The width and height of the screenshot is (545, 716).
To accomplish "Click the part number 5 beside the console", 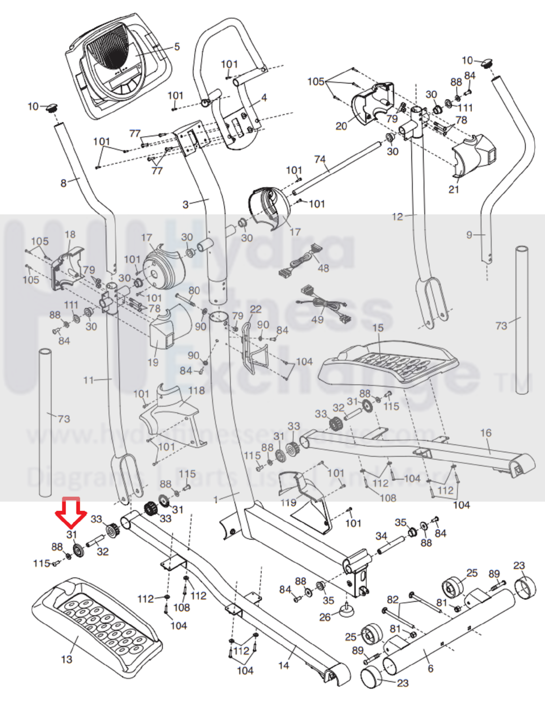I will click(177, 47).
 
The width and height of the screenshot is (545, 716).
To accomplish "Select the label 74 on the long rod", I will click(320, 159).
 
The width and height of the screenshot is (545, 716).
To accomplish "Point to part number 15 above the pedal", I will click(378, 328).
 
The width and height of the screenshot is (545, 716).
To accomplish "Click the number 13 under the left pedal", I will click(66, 659).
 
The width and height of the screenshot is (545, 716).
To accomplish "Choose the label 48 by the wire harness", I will click(323, 268).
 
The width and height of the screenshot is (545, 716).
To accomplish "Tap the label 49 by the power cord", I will click(317, 319).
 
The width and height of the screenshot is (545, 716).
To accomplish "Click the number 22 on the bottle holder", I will click(256, 309).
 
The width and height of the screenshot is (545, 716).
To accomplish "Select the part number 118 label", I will click(196, 390).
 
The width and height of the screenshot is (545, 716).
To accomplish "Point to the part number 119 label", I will click(288, 502).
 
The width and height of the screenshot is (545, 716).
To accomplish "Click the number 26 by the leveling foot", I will click(325, 617).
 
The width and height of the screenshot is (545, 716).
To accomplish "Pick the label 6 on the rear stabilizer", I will click(430, 669).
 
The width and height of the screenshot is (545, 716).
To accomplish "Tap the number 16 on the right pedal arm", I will click(485, 433).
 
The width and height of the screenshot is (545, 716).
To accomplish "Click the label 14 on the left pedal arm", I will click(283, 665).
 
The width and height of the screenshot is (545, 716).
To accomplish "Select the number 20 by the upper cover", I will click(341, 126).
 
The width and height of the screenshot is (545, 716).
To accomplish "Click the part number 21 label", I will click(454, 189).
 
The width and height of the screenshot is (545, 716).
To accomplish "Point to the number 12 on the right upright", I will click(397, 217).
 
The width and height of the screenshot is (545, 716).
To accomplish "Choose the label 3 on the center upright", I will click(185, 204).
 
